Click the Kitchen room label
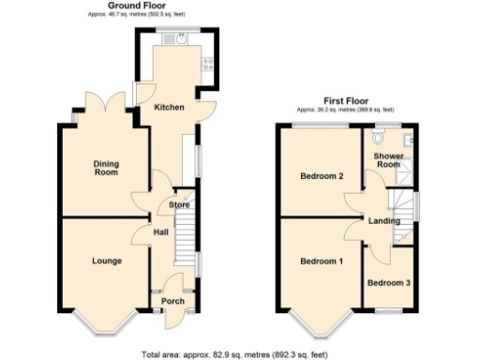[169, 108]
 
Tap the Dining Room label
[105, 168]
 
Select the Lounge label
[106, 260]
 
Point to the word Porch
[173, 301]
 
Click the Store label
[180, 204]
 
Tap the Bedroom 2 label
[321, 176]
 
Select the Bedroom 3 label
[387, 282]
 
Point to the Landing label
[384, 221]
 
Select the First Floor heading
[346, 100]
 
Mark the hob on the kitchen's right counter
[207, 64]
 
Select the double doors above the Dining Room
[106, 99]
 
